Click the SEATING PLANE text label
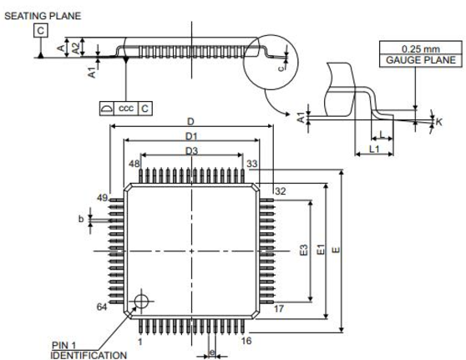(43, 16)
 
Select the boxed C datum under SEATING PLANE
(41, 31)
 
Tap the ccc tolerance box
(126, 109)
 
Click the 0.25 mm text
(421, 48)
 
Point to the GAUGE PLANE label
(421, 60)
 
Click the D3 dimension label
(192, 151)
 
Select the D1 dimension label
(191, 136)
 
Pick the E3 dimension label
(304, 251)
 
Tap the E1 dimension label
(321, 250)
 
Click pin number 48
(134, 164)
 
